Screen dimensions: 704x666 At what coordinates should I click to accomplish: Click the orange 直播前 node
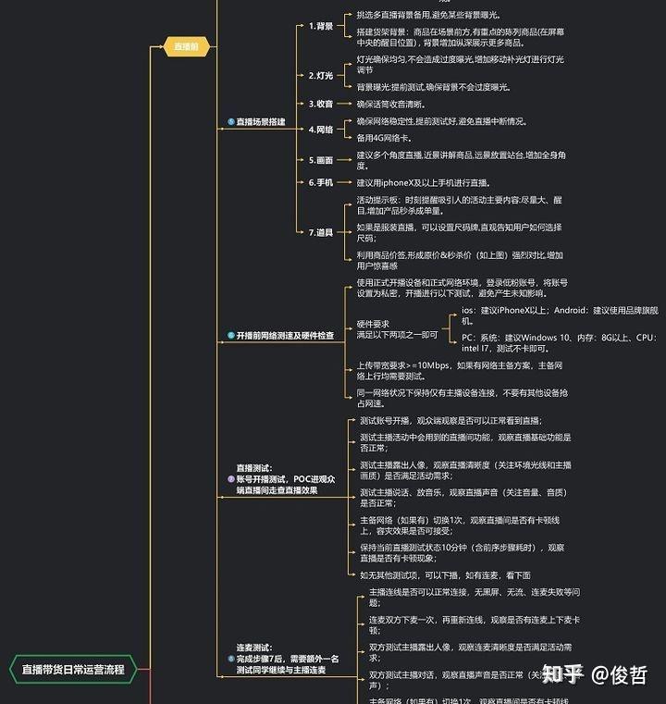pyautogui.click(x=187, y=46)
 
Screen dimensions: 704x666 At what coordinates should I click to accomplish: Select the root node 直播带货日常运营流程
pyautogui.click(x=72, y=669)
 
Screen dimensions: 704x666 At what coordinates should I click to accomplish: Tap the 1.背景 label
pyautogui.click(x=321, y=26)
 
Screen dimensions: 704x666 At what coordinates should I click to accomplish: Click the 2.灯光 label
pyautogui.click(x=321, y=75)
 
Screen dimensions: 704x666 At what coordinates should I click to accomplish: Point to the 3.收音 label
pyautogui.click(x=321, y=104)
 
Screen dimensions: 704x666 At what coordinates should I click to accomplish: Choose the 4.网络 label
pyautogui.click(x=321, y=130)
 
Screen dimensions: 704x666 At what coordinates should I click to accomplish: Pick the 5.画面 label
pyautogui.click(x=321, y=159)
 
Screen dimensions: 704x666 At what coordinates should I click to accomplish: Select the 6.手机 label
pyautogui.click(x=321, y=182)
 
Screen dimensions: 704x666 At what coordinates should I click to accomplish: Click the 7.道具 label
pyautogui.click(x=321, y=231)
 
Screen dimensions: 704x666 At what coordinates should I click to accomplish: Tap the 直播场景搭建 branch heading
pyautogui.click(x=260, y=121)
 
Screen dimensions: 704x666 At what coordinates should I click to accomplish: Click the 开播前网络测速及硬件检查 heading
pyautogui.click(x=284, y=336)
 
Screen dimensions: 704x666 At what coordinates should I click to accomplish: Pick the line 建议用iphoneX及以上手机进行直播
pyautogui.click(x=428, y=182)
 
